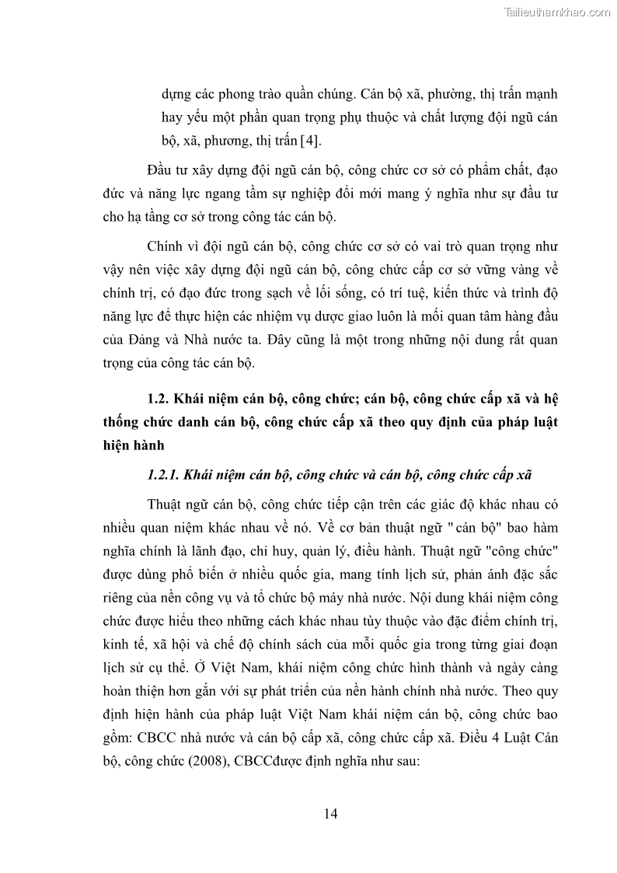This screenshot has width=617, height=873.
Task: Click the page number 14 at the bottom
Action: [x=330, y=814]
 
